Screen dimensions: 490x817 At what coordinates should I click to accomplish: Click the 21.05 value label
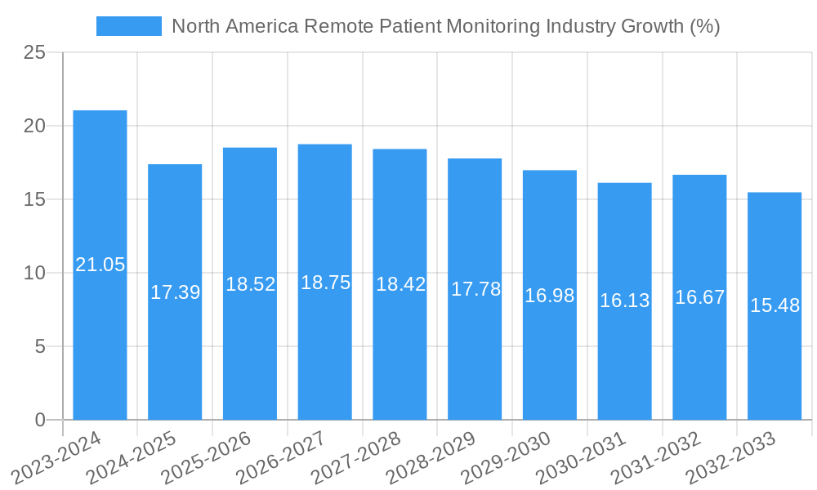point(100,265)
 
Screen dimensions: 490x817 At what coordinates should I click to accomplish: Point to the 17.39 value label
point(175,292)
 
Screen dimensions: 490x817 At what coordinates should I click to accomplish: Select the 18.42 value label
point(400,284)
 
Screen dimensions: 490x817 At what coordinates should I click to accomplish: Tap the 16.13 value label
point(625,301)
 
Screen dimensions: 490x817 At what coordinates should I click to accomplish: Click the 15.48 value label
point(775,305)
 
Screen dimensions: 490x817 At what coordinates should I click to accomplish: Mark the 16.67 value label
point(699,296)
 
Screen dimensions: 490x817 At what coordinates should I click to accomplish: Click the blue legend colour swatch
point(129,26)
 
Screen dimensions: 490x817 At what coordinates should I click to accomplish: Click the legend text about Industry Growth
point(445,26)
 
